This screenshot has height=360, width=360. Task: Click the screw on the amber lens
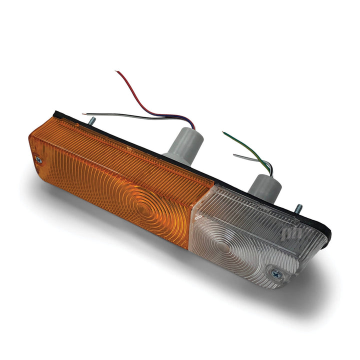coord(39,159)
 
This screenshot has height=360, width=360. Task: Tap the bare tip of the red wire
coord(117,72)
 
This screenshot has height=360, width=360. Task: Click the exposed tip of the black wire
coord(83,114)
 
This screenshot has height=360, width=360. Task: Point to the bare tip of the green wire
coord(223,133)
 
